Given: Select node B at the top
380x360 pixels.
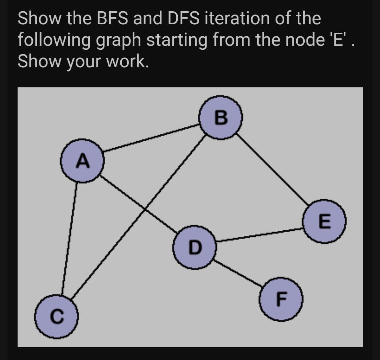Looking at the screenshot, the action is tap(221, 117).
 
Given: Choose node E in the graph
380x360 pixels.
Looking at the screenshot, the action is tap(325, 221).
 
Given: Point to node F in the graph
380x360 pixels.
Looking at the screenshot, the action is tap(281, 299).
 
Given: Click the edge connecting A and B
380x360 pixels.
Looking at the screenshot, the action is tap(151, 138).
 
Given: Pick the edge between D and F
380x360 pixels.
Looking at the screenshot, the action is tap(238, 274).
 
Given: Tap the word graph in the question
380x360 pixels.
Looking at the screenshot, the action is tap(118, 41).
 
